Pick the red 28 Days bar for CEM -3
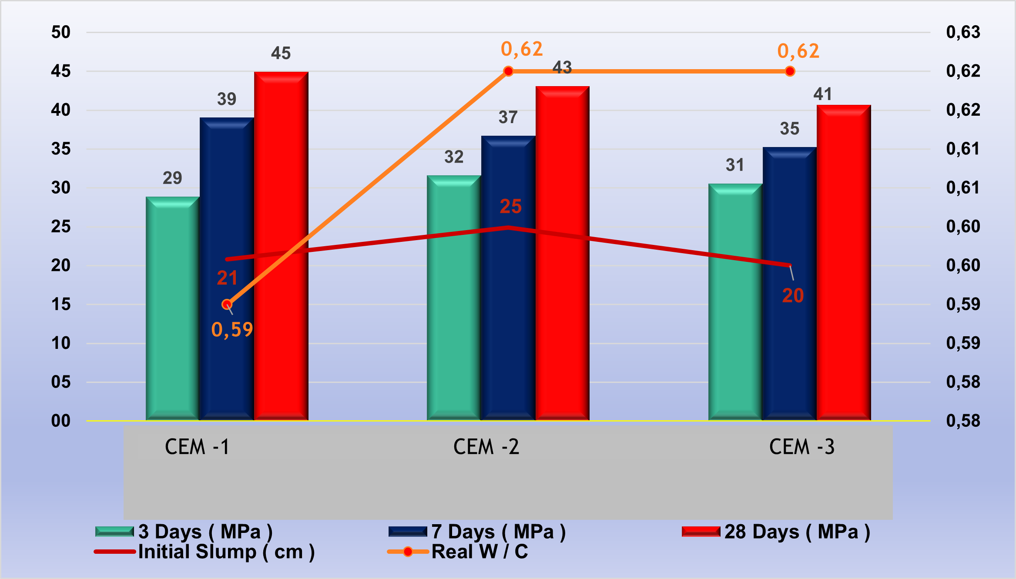[843, 261]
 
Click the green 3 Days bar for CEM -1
[172, 309]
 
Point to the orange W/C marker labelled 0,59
[227, 305]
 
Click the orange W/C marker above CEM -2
[508, 71]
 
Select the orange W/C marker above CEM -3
[790, 71]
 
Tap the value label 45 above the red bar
[281, 54]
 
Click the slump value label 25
[510, 207]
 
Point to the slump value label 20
[793, 296]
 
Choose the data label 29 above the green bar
[172, 178]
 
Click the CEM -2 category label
[486, 447]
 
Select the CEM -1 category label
[197, 447]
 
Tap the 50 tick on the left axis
[60, 32]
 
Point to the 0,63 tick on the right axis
[963, 32]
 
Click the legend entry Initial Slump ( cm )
[226, 552]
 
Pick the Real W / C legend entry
[479, 552]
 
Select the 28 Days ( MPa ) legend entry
[797, 532]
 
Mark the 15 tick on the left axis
[60, 304]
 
